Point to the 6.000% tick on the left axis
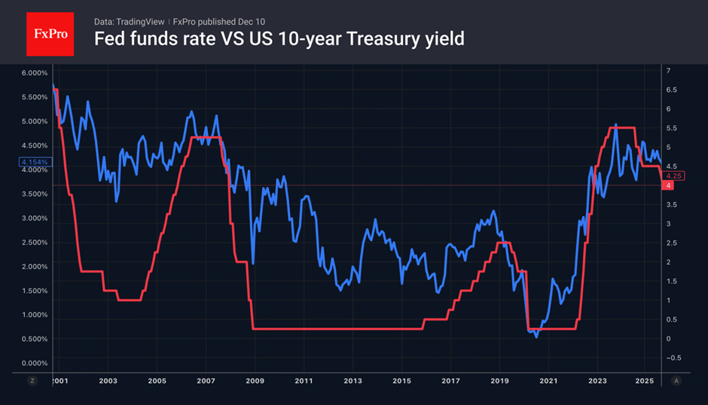coord(33,73)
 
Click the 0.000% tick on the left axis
coord(33,363)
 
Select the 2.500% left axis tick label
coord(33,242)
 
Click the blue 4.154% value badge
coord(33,162)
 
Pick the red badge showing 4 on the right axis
coord(667,186)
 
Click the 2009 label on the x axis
coord(255,381)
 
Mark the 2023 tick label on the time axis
coord(597,381)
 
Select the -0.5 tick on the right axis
coord(673,358)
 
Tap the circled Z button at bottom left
coord(32,381)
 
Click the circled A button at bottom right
coord(676,381)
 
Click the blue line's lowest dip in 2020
coord(536,336)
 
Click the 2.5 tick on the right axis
coord(671,243)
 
